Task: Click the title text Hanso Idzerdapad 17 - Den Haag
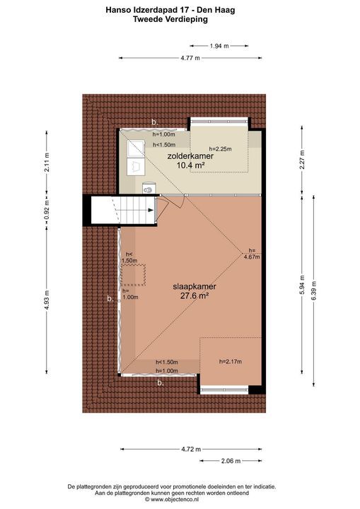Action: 180,9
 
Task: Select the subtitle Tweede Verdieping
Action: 180,20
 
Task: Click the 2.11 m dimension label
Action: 47,163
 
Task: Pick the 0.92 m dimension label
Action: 47,209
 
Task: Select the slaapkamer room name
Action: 194,287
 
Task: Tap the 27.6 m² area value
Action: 194,298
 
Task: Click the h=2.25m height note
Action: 219,149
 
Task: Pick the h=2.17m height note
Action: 231,362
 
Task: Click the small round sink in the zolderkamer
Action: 149,188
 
